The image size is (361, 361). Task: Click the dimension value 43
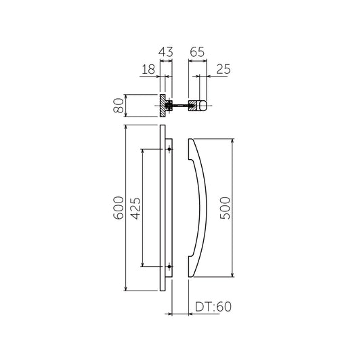coord(165,52)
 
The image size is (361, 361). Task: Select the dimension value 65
coord(197,52)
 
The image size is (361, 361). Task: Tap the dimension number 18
coord(149,69)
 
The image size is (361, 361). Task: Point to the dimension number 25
coord(224,69)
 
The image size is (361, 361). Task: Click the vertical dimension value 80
coord(119,105)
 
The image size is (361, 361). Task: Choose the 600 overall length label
coord(119,208)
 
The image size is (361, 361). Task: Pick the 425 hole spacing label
coord(135,208)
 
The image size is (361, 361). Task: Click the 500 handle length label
coord(225,208)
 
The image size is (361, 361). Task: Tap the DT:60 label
coord(213,307)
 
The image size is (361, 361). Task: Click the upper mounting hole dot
coord(169,149)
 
